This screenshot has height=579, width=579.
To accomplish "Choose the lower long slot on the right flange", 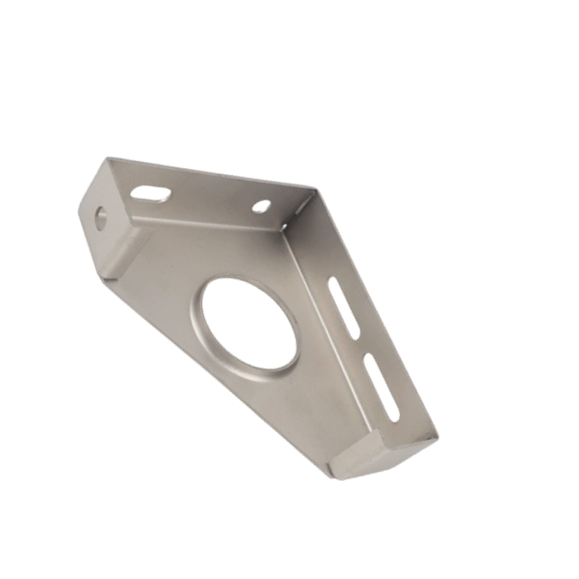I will pos(383,387).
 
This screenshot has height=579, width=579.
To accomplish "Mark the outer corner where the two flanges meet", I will pos(316,189).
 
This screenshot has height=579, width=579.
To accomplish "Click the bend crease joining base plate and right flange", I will pos(333,334).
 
